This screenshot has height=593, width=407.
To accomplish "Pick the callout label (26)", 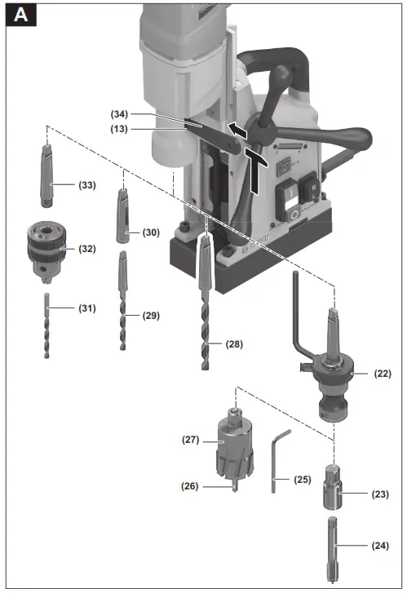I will (x=192, y=486).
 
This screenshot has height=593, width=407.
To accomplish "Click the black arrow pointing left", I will (x=237, y=128).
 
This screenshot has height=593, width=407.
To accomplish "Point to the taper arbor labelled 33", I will (x=45, y=175).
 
